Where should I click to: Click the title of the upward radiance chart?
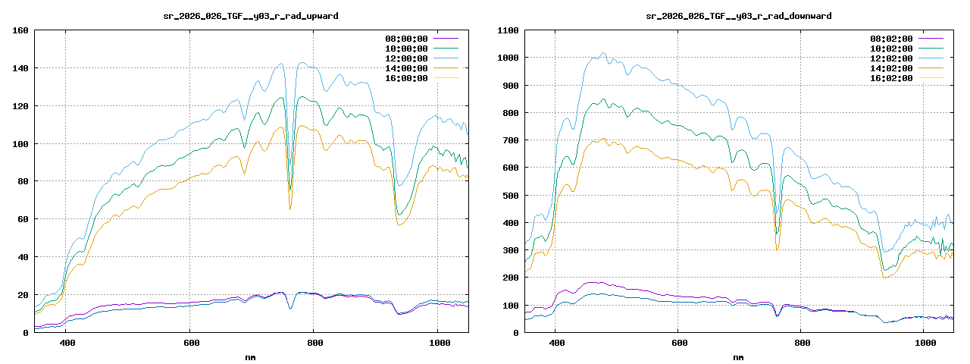coord(251,15)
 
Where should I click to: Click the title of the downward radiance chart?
coord(739,15)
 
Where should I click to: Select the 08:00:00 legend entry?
coord(406,38)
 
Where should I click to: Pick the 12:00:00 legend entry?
coord(406,58)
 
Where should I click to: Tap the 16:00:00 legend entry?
coord(406,77)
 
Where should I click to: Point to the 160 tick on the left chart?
coord(20,30)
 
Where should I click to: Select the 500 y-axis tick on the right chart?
coord(510,196)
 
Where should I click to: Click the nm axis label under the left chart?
coord(251,356)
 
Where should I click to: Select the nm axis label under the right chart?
coord(739,356)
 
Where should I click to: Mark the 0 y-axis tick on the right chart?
coord(516,333)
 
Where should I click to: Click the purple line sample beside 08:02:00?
coord(931,38)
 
